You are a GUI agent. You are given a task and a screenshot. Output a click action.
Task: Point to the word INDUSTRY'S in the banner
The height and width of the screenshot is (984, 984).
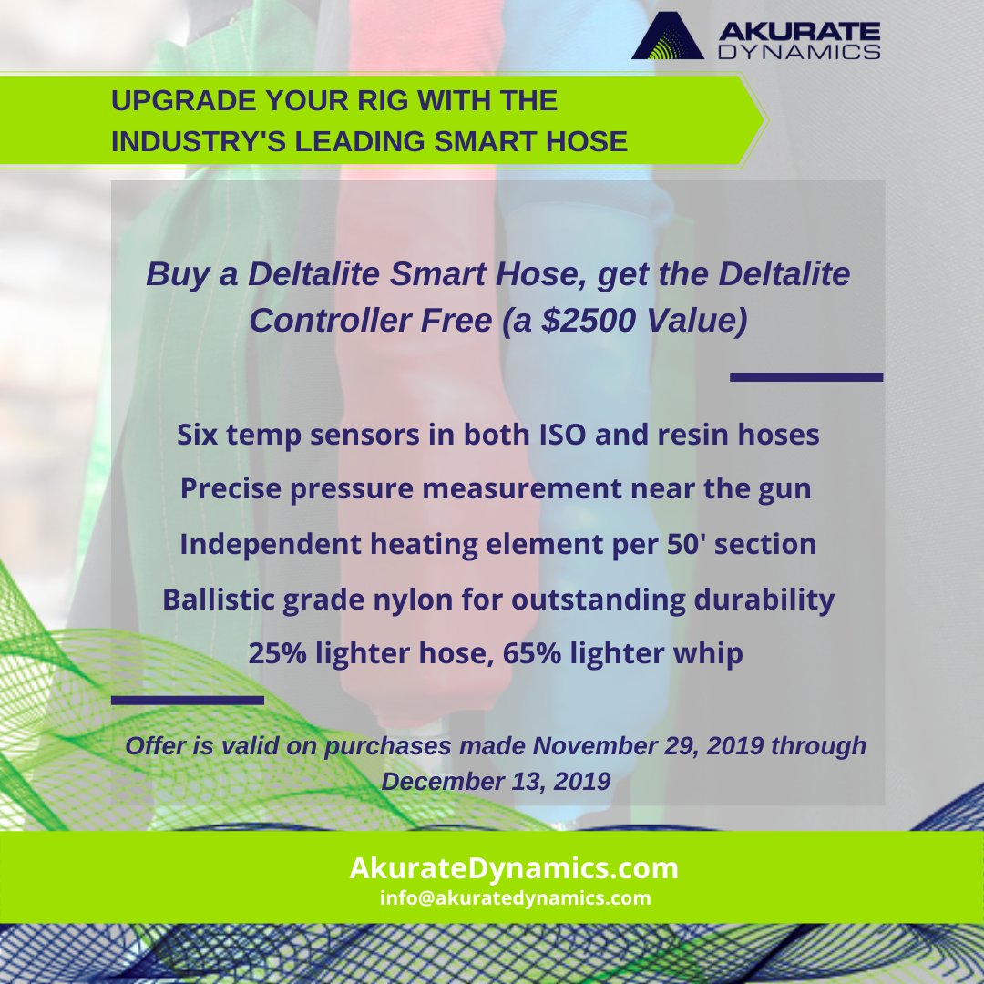197,142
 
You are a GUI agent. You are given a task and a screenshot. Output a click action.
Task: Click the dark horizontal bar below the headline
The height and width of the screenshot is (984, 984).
806,376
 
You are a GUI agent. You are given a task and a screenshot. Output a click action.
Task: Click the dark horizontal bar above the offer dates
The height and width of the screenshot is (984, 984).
187,700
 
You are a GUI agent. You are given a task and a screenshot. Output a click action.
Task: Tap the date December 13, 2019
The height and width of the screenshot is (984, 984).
496,782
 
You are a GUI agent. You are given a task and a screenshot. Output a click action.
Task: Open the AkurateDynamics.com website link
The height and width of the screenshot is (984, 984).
514,868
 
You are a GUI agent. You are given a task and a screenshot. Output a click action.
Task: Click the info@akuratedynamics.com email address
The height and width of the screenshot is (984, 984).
516,898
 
